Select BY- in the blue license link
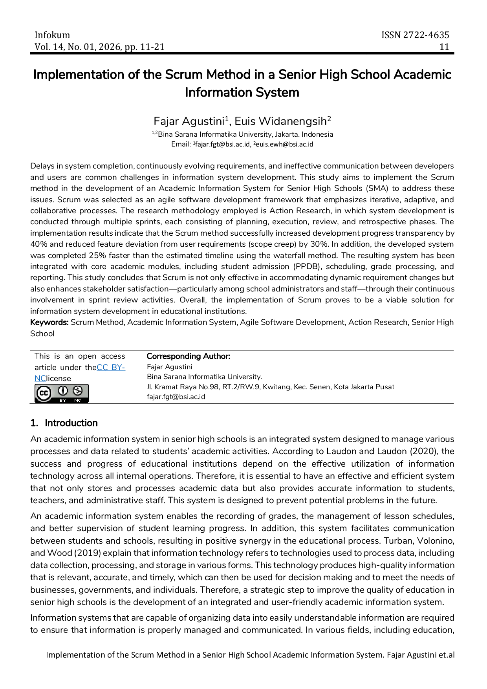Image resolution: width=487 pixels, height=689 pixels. click(x=118, y=368)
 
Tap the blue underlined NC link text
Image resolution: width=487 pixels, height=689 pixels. click(x=40, y=379)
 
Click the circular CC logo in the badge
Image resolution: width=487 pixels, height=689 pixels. click(x=44, y=393)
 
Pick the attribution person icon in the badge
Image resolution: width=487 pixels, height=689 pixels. click(x=63, y=390)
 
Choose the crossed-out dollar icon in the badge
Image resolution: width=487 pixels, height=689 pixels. click(x=78, y=390)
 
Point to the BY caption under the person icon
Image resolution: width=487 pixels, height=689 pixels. click(x=63, y=400)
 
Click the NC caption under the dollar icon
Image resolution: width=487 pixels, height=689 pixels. click(x=78, y=400)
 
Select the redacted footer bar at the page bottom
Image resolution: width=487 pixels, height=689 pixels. click(x=249, y=655)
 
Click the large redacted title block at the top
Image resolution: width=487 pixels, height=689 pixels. click(x=242, y=41)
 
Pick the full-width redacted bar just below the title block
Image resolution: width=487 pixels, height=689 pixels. click(x=259, y=75)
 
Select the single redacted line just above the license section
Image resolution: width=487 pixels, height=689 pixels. click(x=257, y=334)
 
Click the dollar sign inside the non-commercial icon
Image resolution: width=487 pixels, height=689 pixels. click(x=78, y=390)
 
